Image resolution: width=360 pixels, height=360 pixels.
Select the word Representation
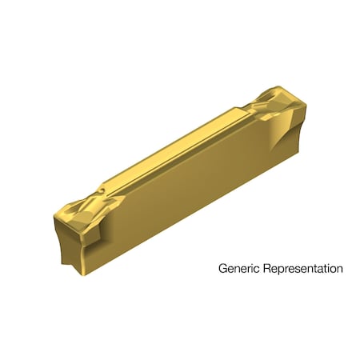pyautogui.click(x=302, y=269)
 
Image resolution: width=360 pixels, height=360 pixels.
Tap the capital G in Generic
pyautogui.click(x=223, y=269)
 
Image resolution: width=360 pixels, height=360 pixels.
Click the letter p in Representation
pyautogui.click(x=279, y=270)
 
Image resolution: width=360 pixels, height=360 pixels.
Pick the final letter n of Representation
pyautogui.click(x=339, y=269)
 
